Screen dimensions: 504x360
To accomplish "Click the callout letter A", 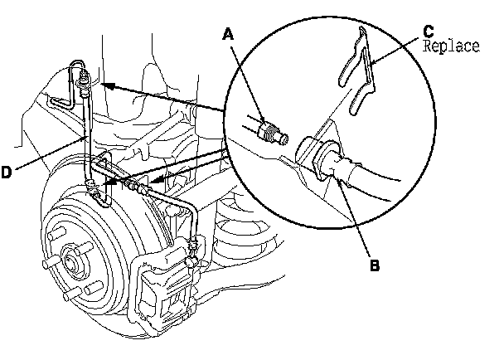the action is click(x=228, y=34).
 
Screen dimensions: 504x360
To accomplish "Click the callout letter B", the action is click(x=375, y=265).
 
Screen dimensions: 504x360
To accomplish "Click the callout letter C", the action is click(x=429, y=32).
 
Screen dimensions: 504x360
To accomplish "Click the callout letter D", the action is click(x=7, y=173).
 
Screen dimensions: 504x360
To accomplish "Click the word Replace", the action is click(x=451, y=46).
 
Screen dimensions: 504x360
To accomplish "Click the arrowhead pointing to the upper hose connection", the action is click(x=108, y=86).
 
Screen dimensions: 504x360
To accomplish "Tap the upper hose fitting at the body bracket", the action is click(x=83, y=83).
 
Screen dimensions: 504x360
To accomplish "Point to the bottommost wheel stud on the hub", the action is click(x=72, y=294).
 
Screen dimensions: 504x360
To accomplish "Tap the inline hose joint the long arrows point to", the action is click(x=135, y=187).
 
